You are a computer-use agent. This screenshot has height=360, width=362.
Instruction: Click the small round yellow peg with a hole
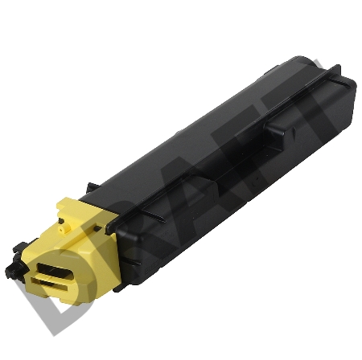62,230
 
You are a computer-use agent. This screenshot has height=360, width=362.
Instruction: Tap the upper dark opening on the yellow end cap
55,271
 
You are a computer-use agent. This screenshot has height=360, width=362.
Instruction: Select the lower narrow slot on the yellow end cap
49,284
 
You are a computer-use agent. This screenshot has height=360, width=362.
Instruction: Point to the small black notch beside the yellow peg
61,220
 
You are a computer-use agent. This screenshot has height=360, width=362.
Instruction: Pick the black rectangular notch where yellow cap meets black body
97,228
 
